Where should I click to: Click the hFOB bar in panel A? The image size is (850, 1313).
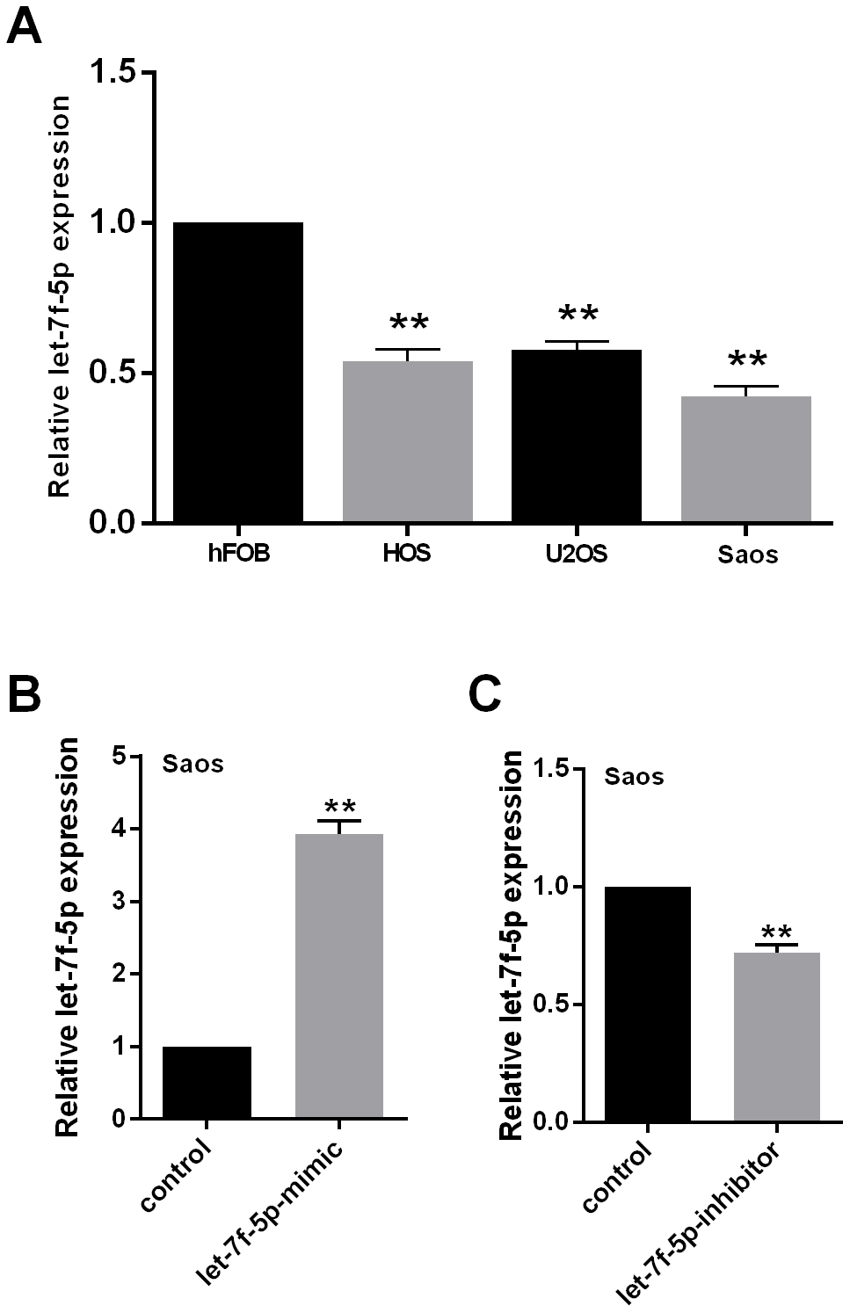[x=238, y=373]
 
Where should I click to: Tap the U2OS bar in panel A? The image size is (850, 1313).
[x=577, y=436]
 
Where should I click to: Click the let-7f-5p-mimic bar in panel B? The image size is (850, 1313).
[x=338, y=976]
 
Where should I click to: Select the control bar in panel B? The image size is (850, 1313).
[x=207, y=1083]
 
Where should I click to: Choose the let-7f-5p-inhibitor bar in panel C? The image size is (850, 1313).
[x=776, y=1037]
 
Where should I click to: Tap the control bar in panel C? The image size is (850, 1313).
[x=647, y=1005]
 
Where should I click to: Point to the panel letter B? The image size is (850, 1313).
[x=24, y=694]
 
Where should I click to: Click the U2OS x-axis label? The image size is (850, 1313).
[x=577, y=555]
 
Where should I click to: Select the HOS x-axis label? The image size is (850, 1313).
[x=408, y=555]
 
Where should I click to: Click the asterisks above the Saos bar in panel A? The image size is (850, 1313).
[x=746, y=359]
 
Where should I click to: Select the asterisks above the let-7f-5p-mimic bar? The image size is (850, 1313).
[x=338, y=807]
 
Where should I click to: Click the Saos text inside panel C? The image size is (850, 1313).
[x=633, y=777]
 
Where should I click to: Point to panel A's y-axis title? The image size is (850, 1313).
[x=60, y=296]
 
